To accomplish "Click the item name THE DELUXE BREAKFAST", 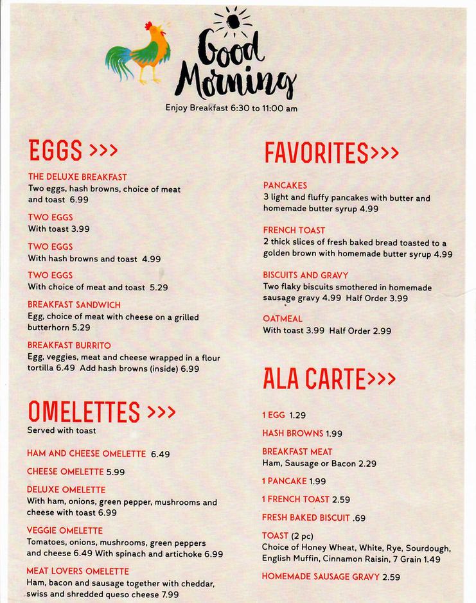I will [x=77, y=177].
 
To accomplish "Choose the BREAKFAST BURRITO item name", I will [x=69, y=345].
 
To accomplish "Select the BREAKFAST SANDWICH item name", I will [x=74, y=304].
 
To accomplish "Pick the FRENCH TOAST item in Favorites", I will [x=294, y=230].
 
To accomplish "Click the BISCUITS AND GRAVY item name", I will [x=305, y=275].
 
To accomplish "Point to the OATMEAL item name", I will [x=283, y=319].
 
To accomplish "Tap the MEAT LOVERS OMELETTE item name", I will [x=78, y=571].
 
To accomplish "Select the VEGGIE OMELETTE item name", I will [x=65, y=530].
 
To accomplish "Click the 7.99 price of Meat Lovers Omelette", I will [x=170, y=595].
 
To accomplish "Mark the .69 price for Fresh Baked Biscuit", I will [x=359, y=518].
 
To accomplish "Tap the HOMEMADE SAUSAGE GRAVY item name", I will [x=321, y=577].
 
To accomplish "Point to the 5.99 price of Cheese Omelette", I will [x=116, y=471].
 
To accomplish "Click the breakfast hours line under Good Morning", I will [x=231, y=108].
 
